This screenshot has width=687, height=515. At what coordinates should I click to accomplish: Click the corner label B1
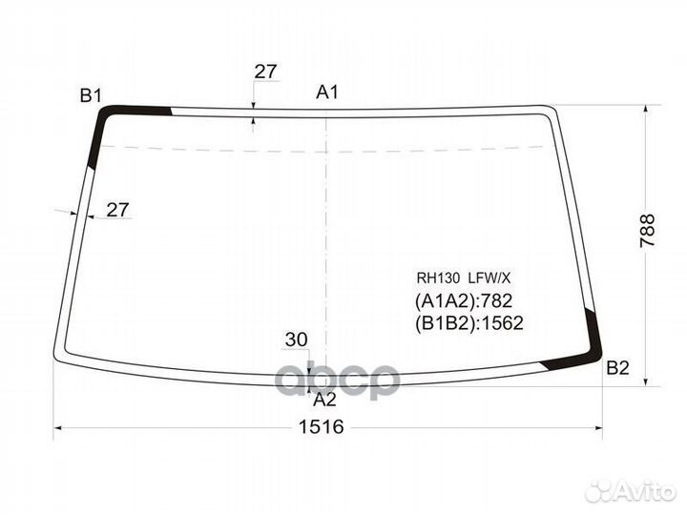tap(91, 95)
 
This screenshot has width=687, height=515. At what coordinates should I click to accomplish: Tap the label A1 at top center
tap(327, 92)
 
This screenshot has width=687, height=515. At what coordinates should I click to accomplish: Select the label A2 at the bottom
tap(324, 400)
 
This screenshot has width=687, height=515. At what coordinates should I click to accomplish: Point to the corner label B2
tap(617, 368)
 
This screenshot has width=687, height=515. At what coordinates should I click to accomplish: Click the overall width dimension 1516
tap(322, 426)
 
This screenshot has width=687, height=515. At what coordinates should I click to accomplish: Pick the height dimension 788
tap(647, 231)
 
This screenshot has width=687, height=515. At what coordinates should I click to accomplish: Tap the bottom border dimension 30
tap(296, 340)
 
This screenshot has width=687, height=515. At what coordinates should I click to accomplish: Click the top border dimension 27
tap(265, 72)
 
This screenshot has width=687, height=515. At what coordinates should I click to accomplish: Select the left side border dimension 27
tap(117, 210)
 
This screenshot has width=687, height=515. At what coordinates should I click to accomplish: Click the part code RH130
tap(438, 278)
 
